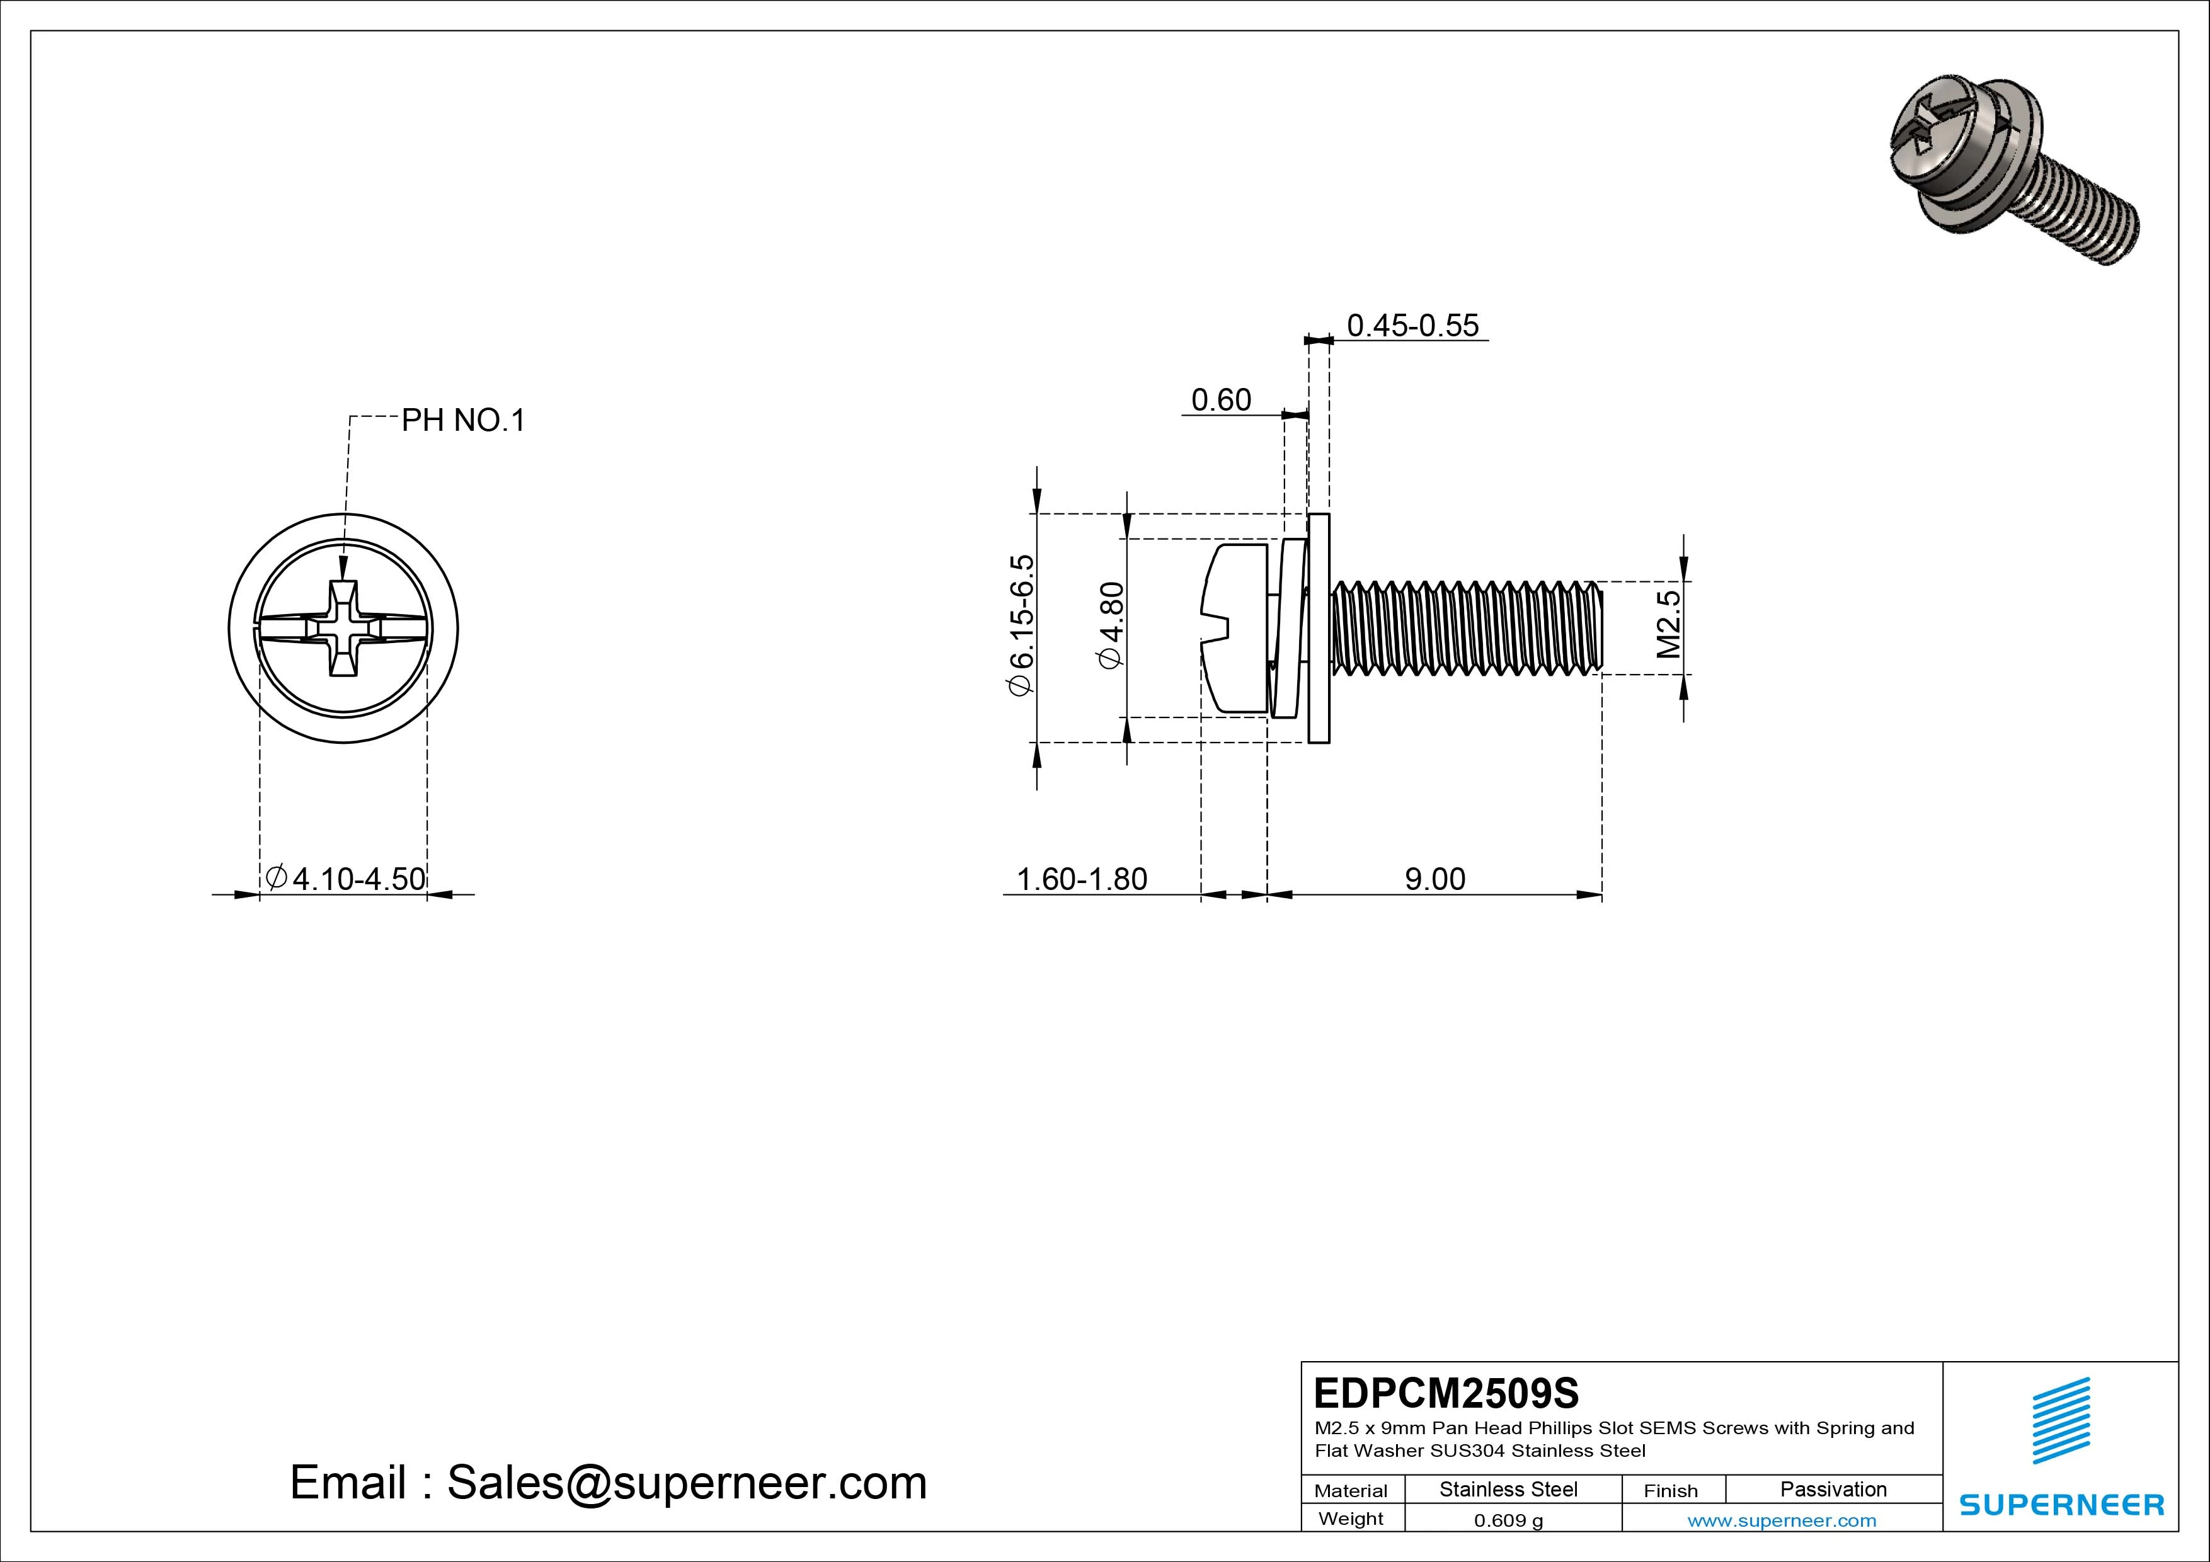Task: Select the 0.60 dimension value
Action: [1220, 399]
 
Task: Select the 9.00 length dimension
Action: [1434, 879]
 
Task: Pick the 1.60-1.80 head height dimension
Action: [1081, 879]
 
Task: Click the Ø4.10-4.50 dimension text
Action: [346, 878]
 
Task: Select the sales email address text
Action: [609, 1482]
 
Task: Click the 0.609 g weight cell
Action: [1508, 1520]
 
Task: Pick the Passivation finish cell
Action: [1833, 1489]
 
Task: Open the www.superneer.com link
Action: [1781, 1520]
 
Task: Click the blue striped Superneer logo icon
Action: [2060, 1432]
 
